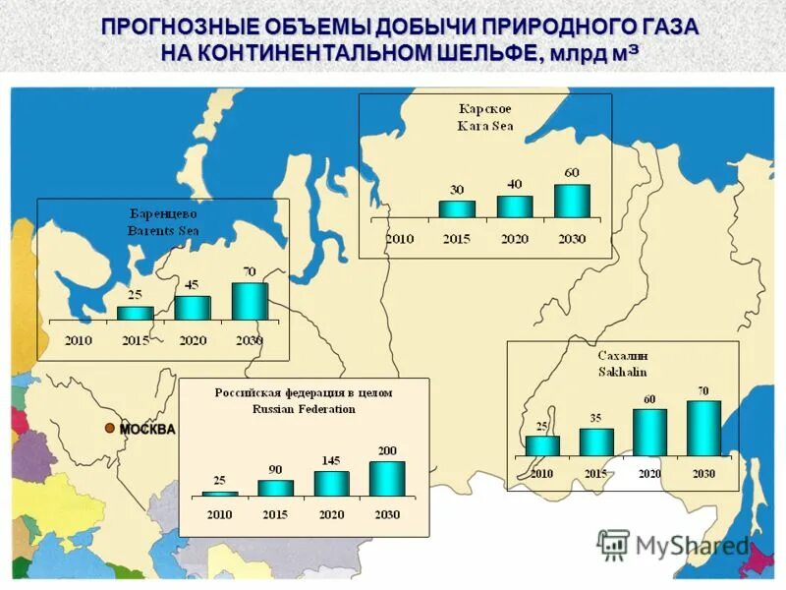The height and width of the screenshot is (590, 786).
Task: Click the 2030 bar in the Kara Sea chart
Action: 572,201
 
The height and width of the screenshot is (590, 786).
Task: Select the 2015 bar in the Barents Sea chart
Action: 136,313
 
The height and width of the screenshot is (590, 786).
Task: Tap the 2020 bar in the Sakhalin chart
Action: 649,432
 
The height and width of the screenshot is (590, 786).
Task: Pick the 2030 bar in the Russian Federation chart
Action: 387,478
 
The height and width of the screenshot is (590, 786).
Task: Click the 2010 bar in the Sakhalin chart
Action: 542,445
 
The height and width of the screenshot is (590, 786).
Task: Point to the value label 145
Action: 332,460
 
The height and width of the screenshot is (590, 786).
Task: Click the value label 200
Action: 387,450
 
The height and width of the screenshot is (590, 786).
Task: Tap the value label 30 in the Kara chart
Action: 457,190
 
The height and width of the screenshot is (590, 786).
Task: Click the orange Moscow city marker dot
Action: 111,428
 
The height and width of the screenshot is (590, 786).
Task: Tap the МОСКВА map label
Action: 147,429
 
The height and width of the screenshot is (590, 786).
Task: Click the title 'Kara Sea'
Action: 485,126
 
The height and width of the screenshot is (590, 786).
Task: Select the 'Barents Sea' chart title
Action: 163,229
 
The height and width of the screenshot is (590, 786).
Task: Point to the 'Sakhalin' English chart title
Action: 623,372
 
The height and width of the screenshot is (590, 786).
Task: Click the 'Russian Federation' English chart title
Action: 304,408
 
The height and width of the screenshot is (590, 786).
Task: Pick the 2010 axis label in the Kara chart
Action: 400,238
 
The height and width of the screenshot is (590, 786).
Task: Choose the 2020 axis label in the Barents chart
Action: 193,340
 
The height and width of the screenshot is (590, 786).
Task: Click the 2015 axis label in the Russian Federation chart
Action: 276,514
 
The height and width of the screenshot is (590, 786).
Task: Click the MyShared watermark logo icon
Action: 614,544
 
